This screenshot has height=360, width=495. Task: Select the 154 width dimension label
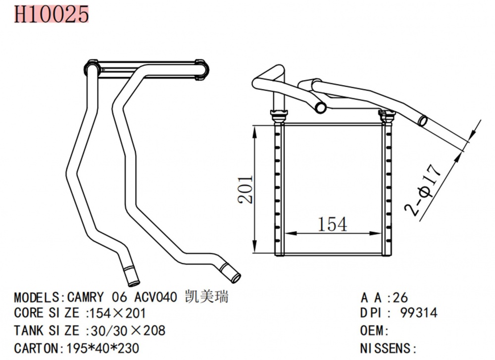tap(333, 224)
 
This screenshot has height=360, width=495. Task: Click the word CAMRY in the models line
tap(86, 298)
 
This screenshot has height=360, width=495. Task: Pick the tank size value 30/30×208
tap(126, 330)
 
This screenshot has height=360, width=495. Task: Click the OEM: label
tap(375, 330)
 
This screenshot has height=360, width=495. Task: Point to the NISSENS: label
tap(388, 347)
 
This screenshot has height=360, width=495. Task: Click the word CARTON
tap(37, 347)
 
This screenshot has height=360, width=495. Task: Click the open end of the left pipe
tap(133, 281)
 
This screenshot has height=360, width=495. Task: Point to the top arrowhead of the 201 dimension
tap(256, 129)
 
